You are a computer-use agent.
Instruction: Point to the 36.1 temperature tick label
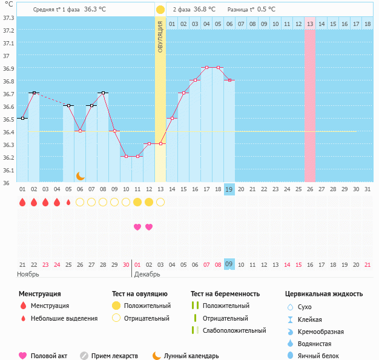(8, 170)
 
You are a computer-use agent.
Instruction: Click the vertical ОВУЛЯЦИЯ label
(160, 36)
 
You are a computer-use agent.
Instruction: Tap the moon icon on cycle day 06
(80, 175)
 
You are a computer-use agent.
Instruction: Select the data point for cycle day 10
(126, 156)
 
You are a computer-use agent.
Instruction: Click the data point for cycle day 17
(206, 68)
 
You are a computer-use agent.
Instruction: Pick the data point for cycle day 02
(34, 93)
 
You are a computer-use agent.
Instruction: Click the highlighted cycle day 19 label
(229, 189)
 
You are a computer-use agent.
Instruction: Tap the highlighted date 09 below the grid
(229, 264)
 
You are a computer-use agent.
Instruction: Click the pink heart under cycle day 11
(137, 227)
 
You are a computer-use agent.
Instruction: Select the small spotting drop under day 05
(68, 202)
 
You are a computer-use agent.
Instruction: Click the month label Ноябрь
(28, 275)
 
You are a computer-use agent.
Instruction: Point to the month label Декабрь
(147, 275)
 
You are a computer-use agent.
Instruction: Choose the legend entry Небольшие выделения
(64, 318)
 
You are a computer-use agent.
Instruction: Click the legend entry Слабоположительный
(234, 330)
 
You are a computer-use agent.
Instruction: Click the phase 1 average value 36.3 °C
(99, 9)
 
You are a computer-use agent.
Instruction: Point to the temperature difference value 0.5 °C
(266, 9)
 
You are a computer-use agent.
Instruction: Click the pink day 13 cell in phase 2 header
(310, 24)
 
